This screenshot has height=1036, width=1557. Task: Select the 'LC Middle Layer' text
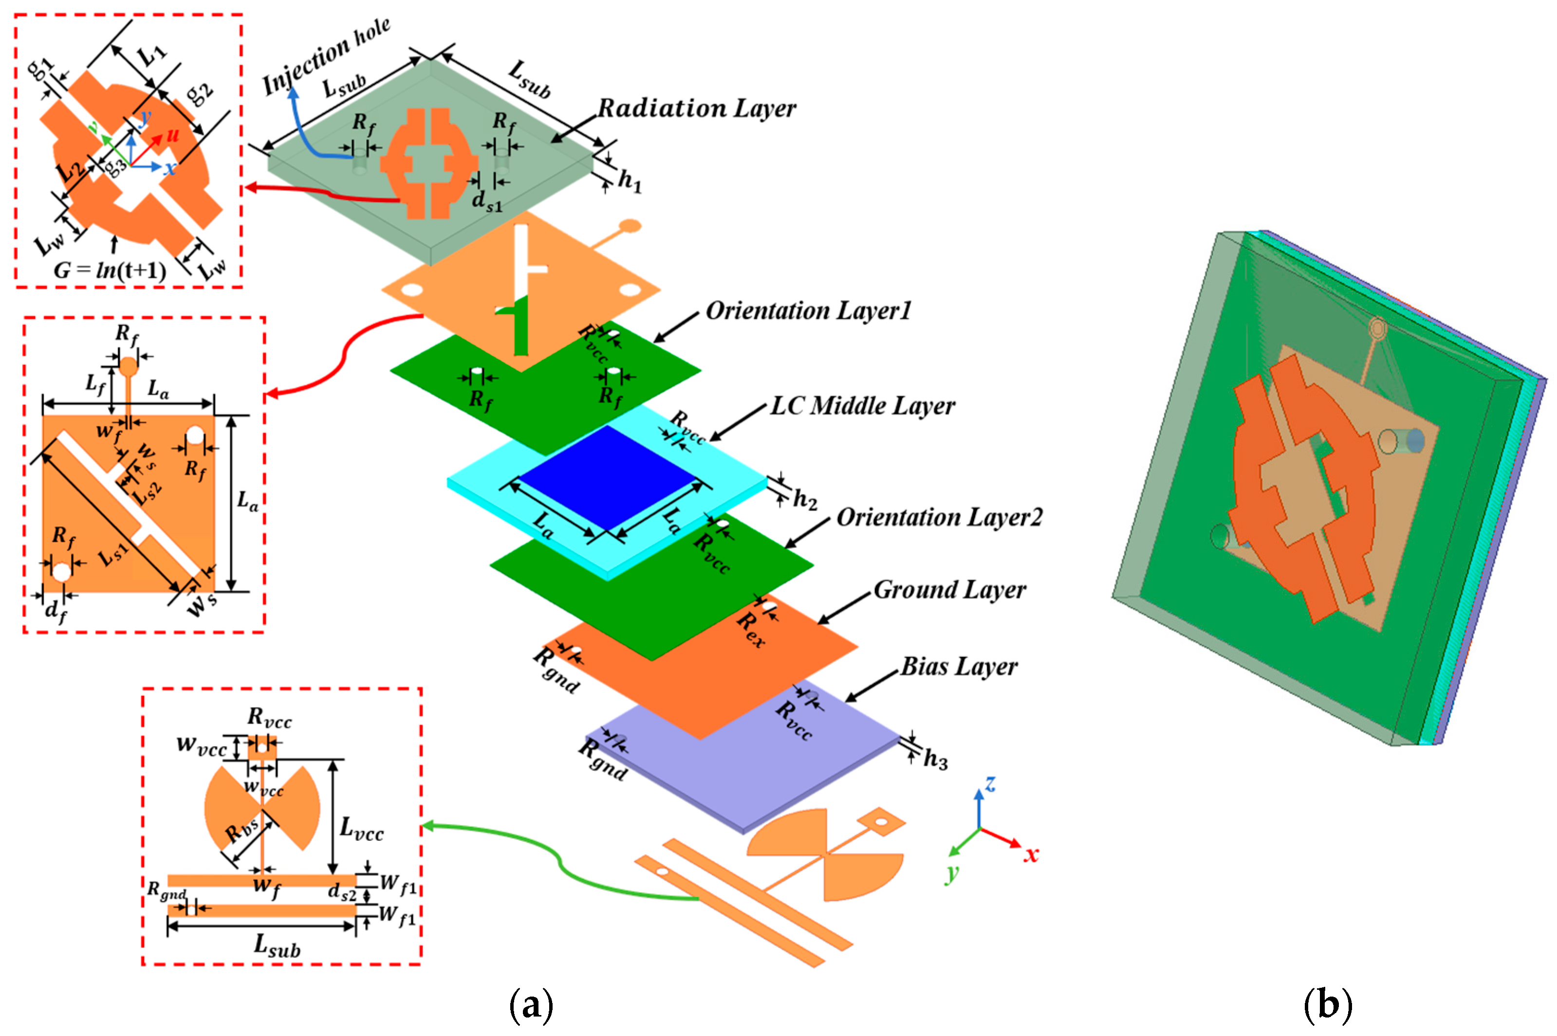tap(862, 406)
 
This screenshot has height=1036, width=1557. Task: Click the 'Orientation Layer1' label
tap(808, 310)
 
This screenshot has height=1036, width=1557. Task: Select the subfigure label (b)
tap(1328, 1004)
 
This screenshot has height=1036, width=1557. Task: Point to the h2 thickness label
tap(804, 499)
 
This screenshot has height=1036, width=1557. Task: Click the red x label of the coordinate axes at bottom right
tap(1030, 855)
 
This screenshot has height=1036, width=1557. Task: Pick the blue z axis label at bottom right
tap(990, 784)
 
